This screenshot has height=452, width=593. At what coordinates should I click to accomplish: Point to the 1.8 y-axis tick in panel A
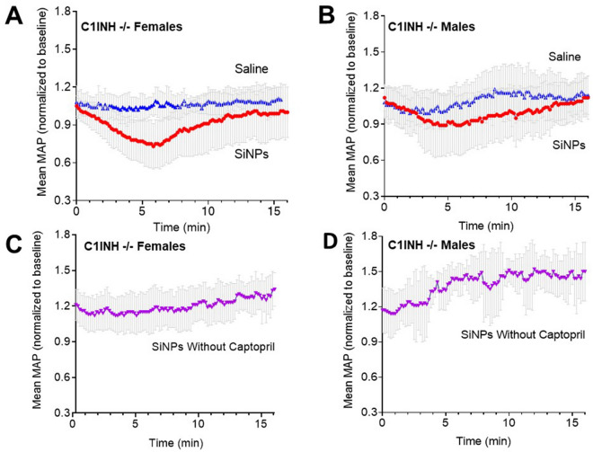tap(62, 13)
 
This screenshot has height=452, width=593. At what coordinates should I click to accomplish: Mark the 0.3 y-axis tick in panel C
tap(62, 412)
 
